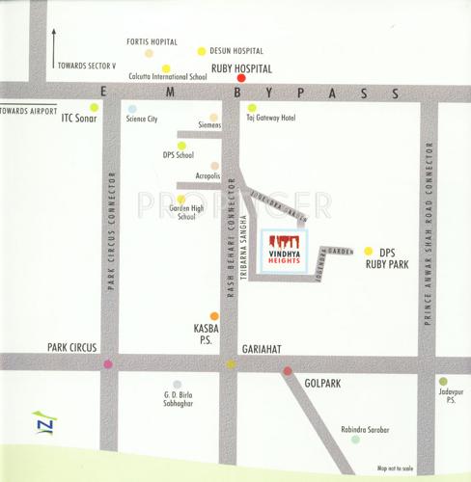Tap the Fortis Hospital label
pyautogui.click(x=152, y=42)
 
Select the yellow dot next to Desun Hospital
pyautogui.click(x=202, y=51)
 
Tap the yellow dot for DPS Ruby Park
pyautogui.click(x=368, y=251)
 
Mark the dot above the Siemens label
pyautogui.click(x=214, y=118)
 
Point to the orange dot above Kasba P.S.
pyautogui.click(x=212, y=313)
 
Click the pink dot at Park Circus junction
pyautogui.click(x=108, y=363)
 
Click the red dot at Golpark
pyautogui.click(x=287, y=370)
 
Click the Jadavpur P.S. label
pyautogui.click(x=445, y=399)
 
